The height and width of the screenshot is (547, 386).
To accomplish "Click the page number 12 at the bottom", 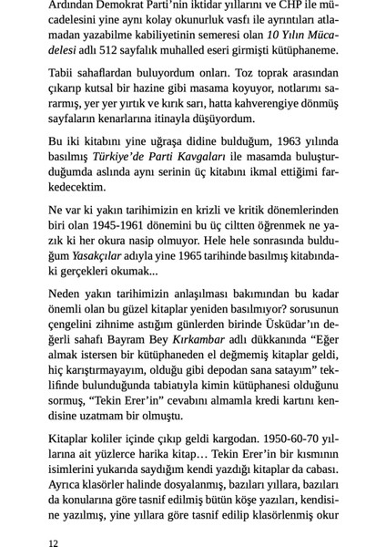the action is (54, 539).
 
